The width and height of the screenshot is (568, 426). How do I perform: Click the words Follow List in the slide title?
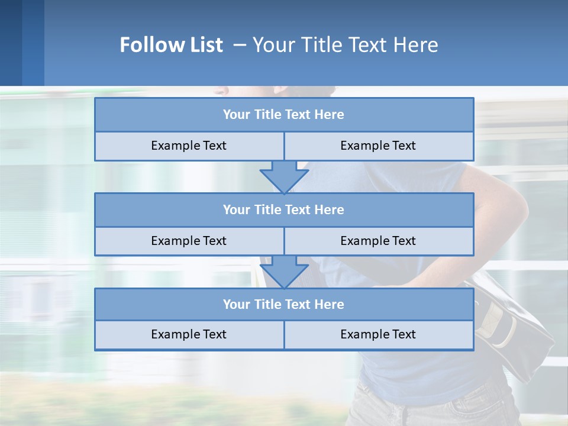pyautogui.click(x=171, y=45)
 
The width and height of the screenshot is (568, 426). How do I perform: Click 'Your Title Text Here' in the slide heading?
pyautogui.click(x=345, y=45)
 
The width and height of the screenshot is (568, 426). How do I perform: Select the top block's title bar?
pyautogui.click(x=284, y=115)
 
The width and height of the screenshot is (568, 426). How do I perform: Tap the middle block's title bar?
pyautogui.click(x=284, y=209)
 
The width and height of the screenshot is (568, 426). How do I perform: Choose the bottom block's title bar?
pyautogui.click(x=284, y=304)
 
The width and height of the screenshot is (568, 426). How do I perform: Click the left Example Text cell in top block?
pyautogui.click(x=189, y=146)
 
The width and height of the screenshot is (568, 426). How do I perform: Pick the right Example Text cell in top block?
pyautogui.click(x=378, y=146)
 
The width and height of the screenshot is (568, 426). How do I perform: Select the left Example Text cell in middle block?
pyautogui.click(x=189, y=241)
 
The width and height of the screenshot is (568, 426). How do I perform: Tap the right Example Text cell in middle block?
pyautogui.click(x=378, y=241)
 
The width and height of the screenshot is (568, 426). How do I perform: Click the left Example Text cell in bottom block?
pyautogui.click(x=189, y=334)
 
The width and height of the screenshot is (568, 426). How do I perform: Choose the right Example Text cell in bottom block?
pyautogui.click(x=378, y=334)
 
